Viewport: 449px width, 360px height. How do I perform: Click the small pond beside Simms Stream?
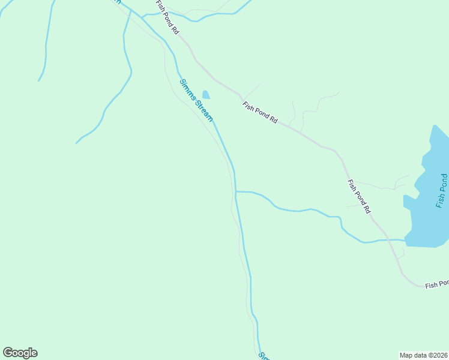tap(206, 95)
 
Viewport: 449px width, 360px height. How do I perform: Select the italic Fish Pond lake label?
tap(442, 191)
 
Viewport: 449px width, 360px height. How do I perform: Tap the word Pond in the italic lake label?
tap(443, 182)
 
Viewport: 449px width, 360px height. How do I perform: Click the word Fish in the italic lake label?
tap(441, 200)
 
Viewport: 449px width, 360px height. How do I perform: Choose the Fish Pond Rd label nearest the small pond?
tap(260, 113)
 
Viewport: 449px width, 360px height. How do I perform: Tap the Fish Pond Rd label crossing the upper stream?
tap(167, 17)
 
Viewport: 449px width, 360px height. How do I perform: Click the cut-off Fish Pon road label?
tap(437, 284)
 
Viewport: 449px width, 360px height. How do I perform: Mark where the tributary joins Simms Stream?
tap(236, 192)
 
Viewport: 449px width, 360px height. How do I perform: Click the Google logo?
tap(20, 353)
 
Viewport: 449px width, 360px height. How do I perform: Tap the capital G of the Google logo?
tap(8, 353)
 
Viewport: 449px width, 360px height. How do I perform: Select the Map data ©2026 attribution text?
tap(423, 355)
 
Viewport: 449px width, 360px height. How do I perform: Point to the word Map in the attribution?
tap(406, 355)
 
